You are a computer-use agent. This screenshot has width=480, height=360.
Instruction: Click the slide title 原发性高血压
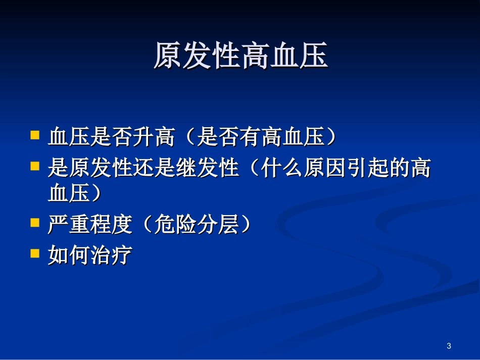[x=241, y=56]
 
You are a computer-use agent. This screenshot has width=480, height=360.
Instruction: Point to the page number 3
[x=449, y=346]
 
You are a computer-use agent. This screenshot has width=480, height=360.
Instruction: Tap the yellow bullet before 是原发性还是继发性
[x=35, y=166]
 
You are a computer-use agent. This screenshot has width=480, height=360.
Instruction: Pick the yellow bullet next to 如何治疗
[x=35, y=253]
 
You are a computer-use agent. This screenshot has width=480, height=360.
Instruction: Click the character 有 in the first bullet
[x=251, y=137]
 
